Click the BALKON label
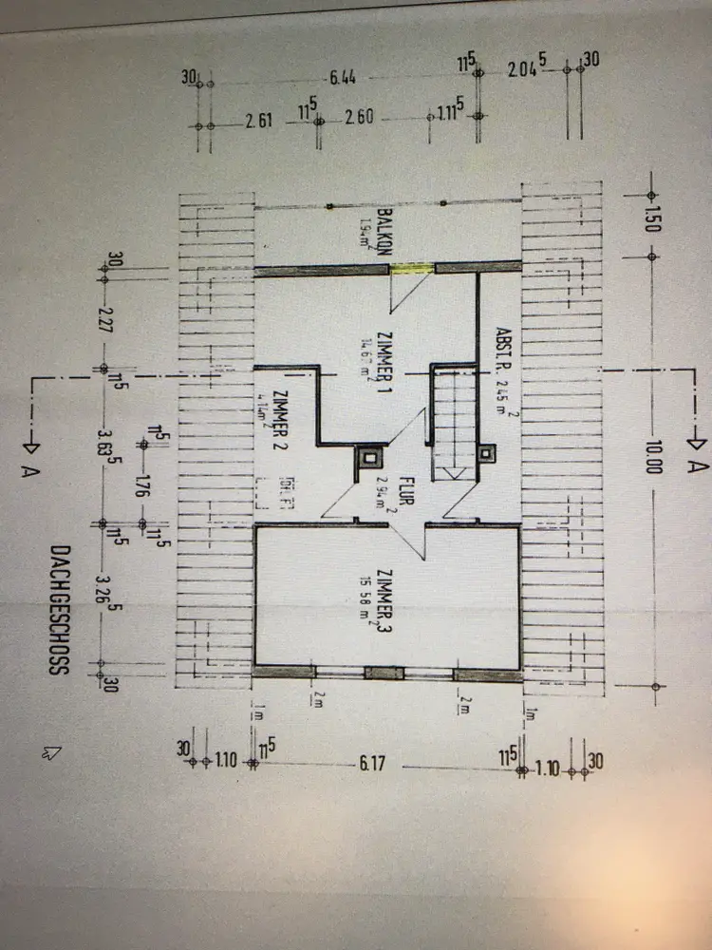[x=386, y=232]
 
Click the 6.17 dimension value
[x=371, y=763]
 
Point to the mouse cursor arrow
[x=51, y=751]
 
